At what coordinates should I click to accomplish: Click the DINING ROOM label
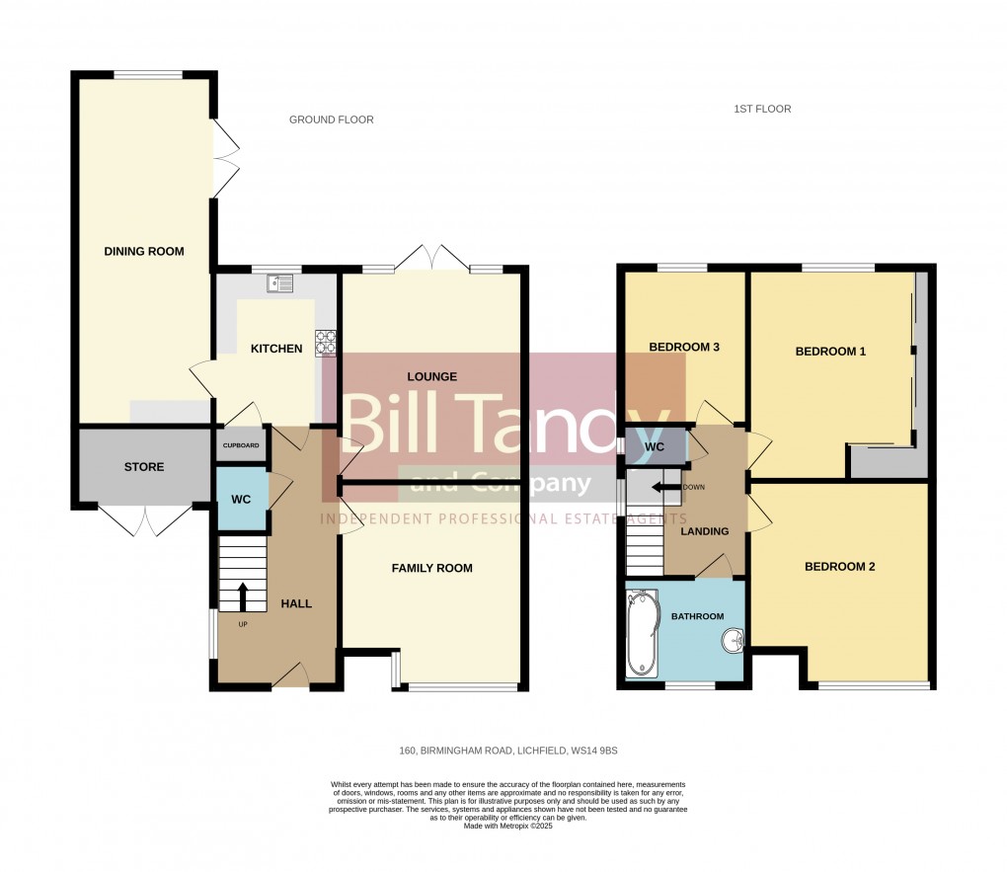(144, 251)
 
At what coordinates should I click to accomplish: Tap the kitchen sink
(279, 283)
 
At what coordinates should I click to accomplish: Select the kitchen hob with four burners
(326, 341)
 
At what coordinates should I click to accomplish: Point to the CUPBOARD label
(241, 445)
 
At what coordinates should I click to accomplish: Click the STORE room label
(144, 466)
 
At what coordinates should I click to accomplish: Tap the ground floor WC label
(242, 500)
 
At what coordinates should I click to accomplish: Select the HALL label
(296, 603)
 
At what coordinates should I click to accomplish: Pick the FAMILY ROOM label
(431, 568)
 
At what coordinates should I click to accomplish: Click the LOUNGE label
(431, 376)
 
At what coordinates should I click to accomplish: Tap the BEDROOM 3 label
(683, 347)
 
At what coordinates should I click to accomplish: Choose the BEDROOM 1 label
(830, 351)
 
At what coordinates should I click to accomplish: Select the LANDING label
(705, 531)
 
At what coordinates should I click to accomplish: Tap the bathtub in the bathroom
(642, 634)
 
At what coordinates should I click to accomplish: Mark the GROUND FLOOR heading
(331, 119)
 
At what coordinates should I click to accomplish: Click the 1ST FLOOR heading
(762, 109)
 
